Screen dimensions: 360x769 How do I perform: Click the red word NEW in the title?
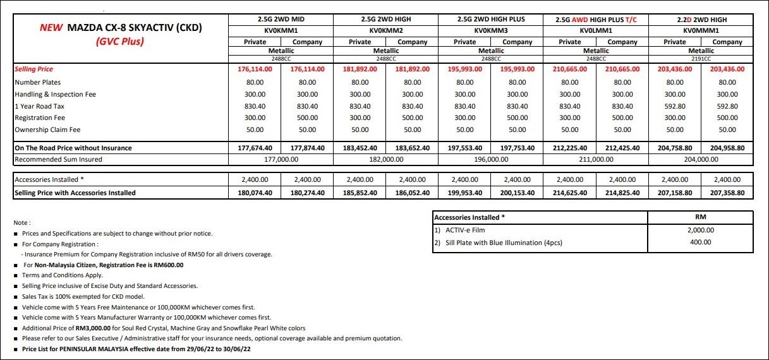click(x=51, y=28)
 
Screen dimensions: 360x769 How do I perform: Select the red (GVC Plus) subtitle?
click(x=120, y=42)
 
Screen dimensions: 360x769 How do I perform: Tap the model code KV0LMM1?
click(x=596, y=30)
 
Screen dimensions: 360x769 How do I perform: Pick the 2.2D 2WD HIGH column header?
click(x=701, y=19)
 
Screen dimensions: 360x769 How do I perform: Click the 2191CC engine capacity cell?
click(x=701, y=57)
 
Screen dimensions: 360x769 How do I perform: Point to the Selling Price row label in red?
click(x=34, y=69)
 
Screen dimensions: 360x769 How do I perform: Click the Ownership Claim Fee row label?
click(x=47, y=129)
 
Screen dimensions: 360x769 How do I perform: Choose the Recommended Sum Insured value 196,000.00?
click(x=491, y=160)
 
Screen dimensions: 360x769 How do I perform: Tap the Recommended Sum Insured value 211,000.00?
click(x=596, y=160)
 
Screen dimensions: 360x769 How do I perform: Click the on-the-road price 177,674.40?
click(x=255, y=148)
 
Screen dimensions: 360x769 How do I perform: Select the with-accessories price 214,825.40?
click(x=622, y=193)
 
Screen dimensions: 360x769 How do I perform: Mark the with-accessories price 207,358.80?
click(x=727, y=193)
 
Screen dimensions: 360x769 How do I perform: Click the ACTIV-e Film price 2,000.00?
click(x=700, y=231)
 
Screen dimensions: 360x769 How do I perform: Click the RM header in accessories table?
click(x=700, y=217)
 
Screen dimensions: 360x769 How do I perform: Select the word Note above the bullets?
click(x=21, y=223)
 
